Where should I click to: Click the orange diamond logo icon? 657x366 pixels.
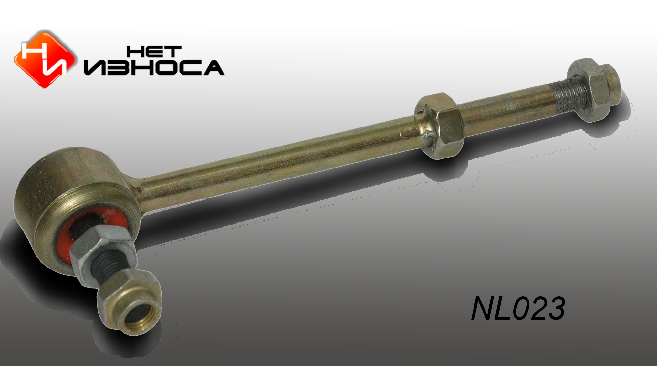[44, 59]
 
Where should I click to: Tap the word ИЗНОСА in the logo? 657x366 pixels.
[154, 67]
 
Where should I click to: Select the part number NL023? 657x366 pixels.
[518, 309]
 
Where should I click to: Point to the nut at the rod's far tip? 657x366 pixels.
[594, 90]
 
